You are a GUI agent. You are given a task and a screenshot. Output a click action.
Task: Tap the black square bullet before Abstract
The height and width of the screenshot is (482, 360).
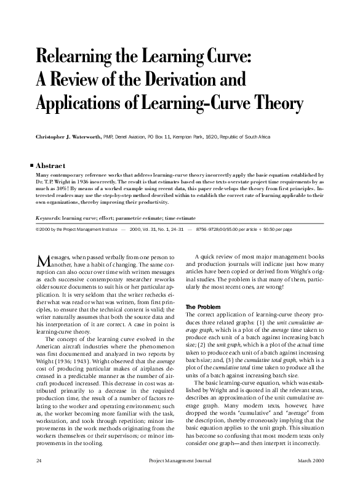[31, 166]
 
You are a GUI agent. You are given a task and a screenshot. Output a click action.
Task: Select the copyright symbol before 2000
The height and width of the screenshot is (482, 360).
[39, 228]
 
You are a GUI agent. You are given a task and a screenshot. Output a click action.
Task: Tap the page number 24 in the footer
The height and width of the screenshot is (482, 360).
[39, 460]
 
